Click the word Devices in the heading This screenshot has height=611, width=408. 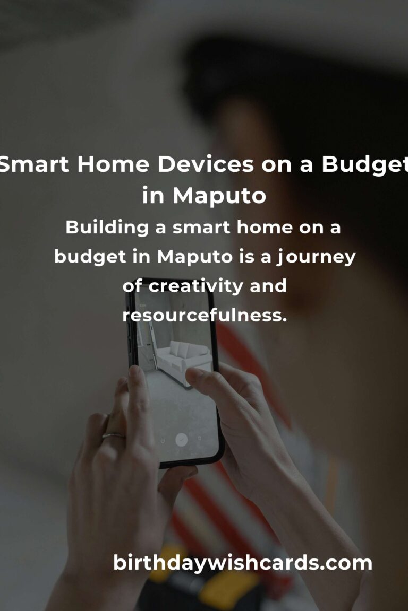click(206, 164)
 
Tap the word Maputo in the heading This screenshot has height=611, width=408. click(219, 195)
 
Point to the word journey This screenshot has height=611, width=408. click(316, 257)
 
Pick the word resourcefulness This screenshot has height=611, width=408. click(205, 315)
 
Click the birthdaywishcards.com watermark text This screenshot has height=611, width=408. click(242, 563)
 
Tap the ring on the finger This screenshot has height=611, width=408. click(113, 435)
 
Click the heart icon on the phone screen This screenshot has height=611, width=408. click(163, 441)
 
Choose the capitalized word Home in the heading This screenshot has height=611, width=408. click(113, 164)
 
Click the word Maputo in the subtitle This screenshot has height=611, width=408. click(195, 257)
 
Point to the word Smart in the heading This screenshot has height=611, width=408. click(35, 164)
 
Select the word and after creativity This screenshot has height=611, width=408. click(268, 286)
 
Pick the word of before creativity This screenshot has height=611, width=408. click(132, 286)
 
